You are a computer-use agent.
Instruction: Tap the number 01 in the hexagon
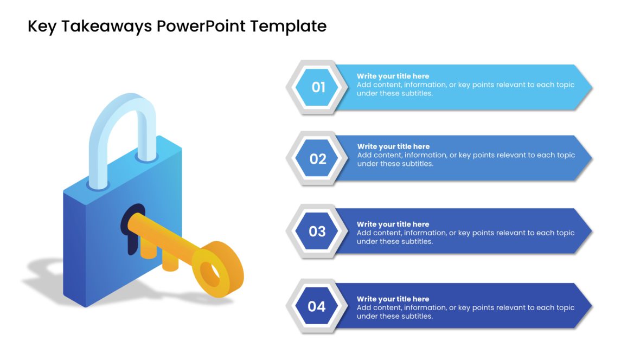[318, 87]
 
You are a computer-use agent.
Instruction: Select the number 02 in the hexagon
[318, 159]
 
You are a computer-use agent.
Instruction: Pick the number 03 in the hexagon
[317, 232]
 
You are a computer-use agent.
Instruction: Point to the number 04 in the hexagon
[317, 307]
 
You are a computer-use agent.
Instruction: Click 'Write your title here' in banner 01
[393, 76]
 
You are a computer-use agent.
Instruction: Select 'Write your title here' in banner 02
[393, 146]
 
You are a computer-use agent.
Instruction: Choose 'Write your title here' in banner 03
[393, 224]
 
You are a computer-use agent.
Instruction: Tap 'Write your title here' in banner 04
[393, 299]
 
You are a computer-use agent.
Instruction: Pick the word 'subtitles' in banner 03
[417, 242]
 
